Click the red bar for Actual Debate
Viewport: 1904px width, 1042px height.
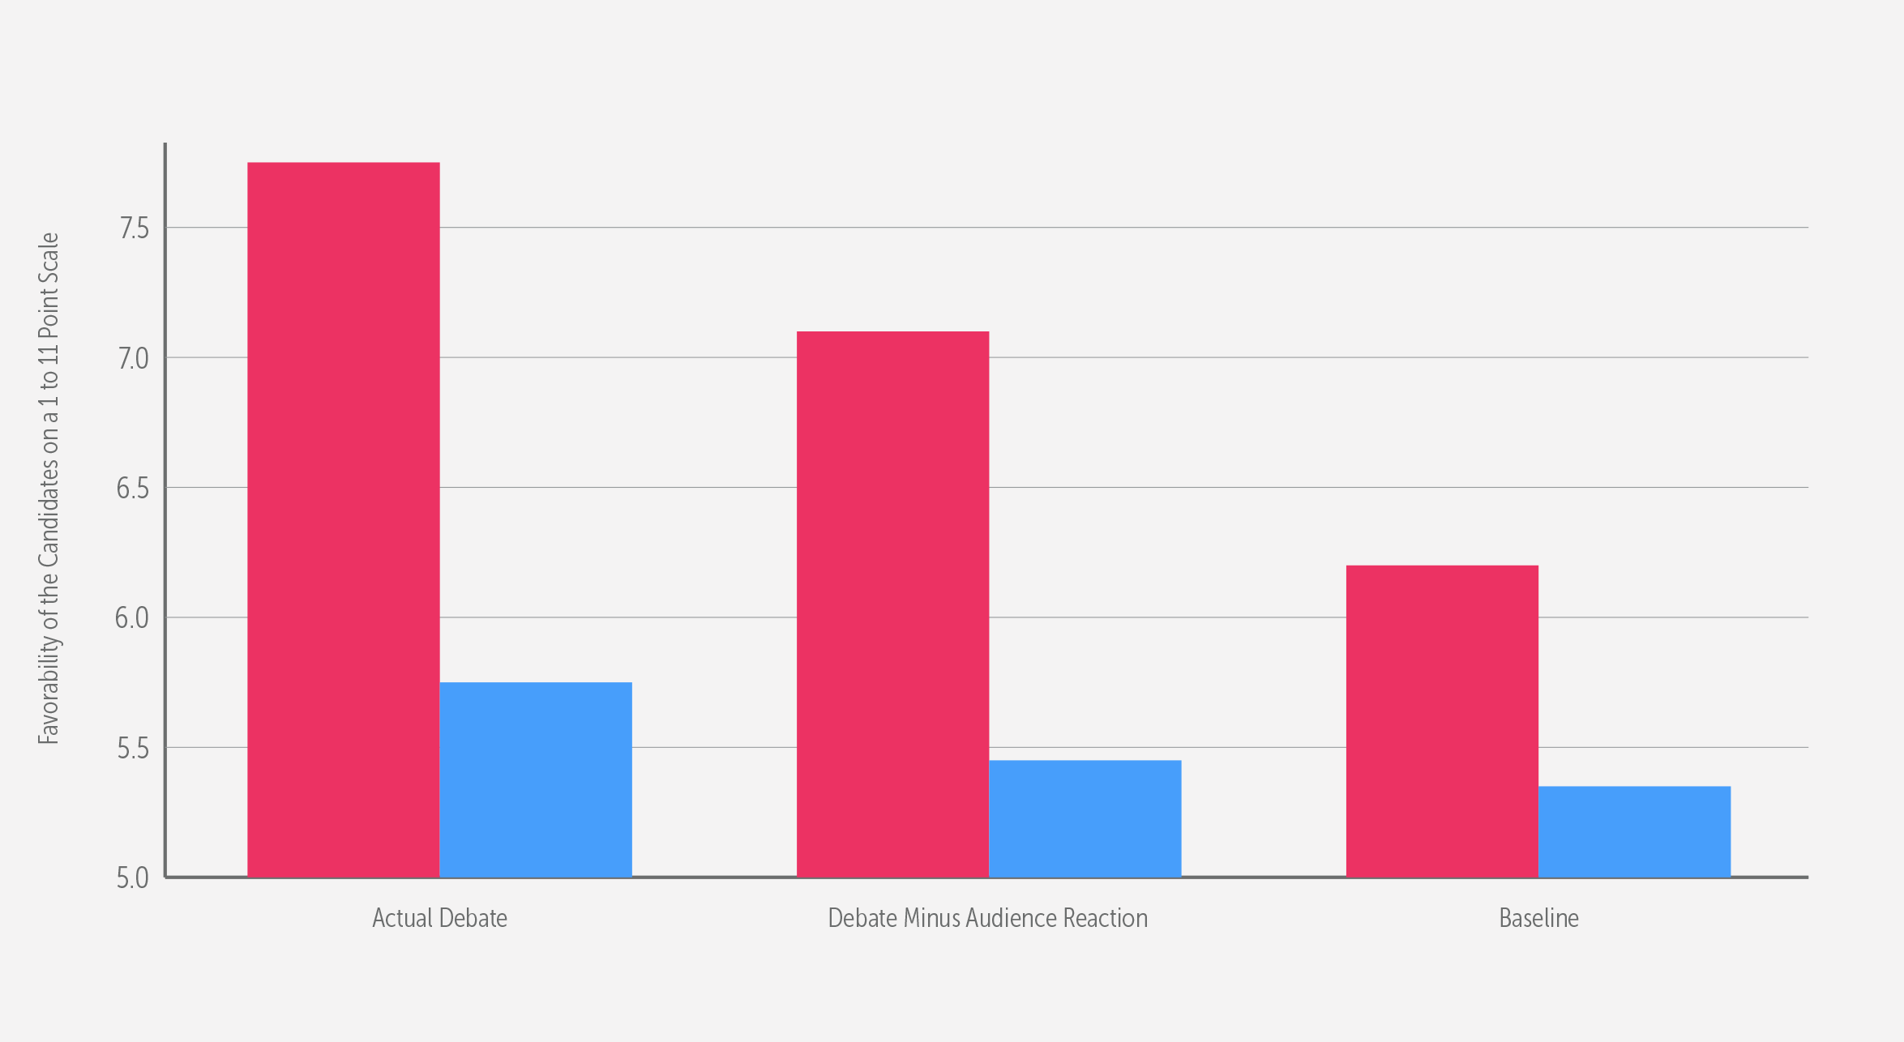343,519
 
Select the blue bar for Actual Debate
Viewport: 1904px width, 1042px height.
535,779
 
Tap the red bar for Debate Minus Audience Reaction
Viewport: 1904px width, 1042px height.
892,604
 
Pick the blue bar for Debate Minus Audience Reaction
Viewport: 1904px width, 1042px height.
1085,818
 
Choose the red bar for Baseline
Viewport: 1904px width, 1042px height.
1442,721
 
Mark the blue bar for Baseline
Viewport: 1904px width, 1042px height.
1634,831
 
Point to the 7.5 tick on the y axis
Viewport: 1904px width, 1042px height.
135,228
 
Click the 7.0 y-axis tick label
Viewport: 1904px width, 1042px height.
135,358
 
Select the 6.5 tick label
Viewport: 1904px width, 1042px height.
135,488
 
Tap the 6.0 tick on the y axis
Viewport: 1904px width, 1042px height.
135,618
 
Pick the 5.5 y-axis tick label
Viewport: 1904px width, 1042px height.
135,748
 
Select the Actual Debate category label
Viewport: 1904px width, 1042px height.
439,918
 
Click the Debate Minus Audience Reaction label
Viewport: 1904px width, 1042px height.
987,918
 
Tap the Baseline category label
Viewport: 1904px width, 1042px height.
1538,918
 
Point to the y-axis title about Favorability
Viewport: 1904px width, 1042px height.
49,489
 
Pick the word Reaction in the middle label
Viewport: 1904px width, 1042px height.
1106,918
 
